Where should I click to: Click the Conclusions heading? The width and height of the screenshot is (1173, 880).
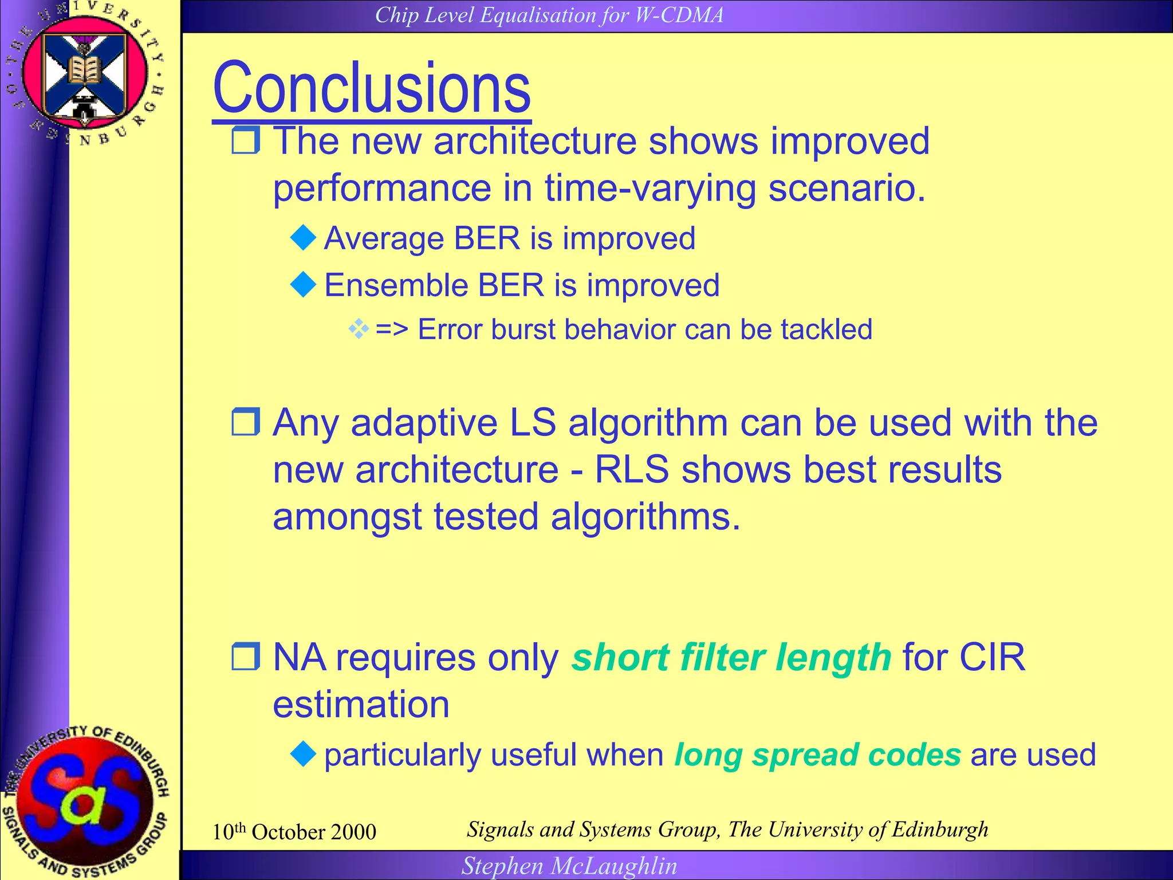(371, 88)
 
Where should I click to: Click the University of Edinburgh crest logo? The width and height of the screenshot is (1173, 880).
(85, 74)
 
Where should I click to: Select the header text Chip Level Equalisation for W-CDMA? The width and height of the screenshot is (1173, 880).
(549, 15)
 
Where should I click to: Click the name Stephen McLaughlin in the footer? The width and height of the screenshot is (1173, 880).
(569, 866)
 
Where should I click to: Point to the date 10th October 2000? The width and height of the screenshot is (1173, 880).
(294, 832)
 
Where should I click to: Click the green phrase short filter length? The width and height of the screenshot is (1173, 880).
(731, 657)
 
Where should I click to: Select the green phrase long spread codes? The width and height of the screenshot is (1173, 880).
(817, 755)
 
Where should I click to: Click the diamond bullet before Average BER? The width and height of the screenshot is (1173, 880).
(303, 238)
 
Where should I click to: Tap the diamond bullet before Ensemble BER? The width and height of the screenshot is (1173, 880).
(303, 285)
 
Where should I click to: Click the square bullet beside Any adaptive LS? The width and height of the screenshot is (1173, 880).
(246, 422)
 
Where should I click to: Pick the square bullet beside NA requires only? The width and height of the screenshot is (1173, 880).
(246, 657)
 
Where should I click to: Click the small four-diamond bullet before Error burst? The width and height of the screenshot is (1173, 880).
(359, 329)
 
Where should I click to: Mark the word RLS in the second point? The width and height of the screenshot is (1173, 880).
(631, 470)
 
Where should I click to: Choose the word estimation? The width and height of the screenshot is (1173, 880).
(361, 704)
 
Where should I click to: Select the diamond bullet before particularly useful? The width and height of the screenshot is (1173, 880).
(303, 754)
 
